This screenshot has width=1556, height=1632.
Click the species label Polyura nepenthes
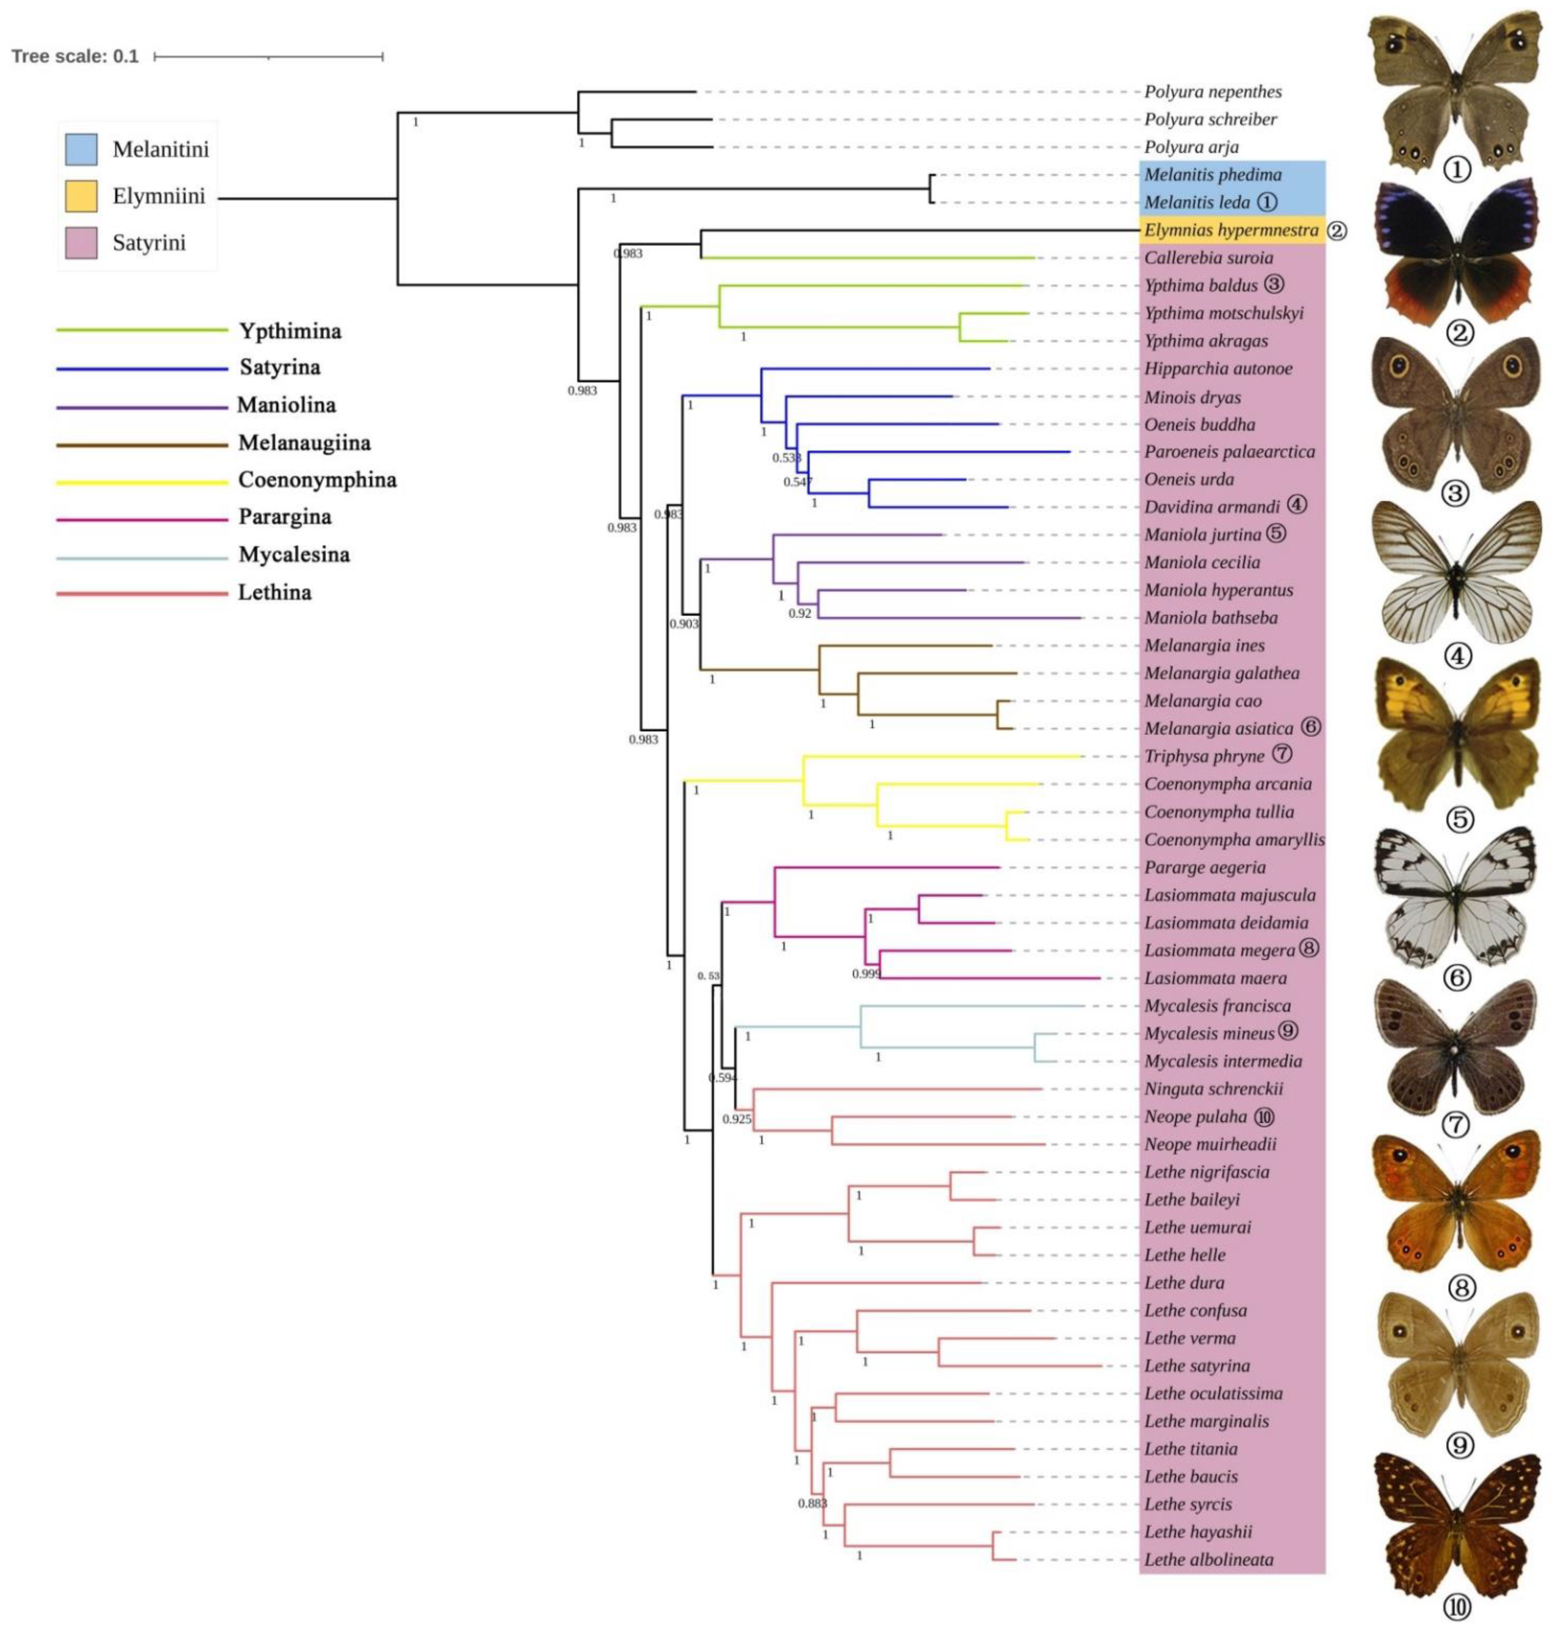tap(1213, 91)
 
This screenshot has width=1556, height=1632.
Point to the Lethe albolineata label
tap(1208, 1559)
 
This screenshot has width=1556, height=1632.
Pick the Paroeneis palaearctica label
tap(1229, 452)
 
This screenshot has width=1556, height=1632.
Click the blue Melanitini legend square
tap(81, 149)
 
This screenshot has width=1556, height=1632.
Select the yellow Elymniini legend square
tap(81, 197)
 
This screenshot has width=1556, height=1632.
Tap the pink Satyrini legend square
tap(81, 243)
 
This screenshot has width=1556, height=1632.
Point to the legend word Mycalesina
tap(295, 554)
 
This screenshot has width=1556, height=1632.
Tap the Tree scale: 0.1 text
tap(75, 57)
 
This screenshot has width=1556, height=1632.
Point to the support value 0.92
tap(800, 613)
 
